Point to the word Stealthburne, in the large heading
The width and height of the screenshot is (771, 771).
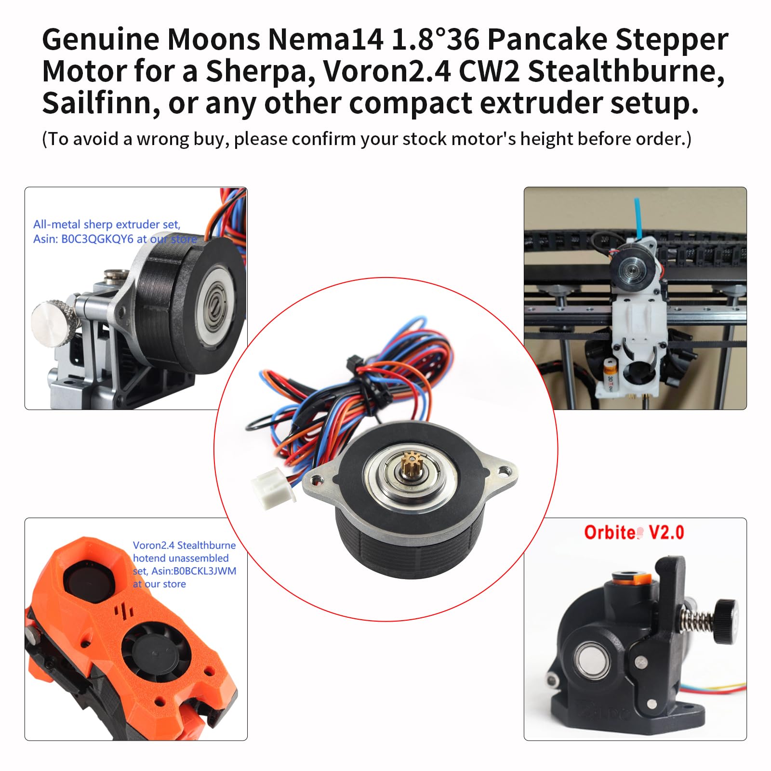click(x=626, y=71)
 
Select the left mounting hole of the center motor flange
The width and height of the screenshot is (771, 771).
click(x=317, y=479)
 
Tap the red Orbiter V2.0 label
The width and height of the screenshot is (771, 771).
click(x=634, y=532)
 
